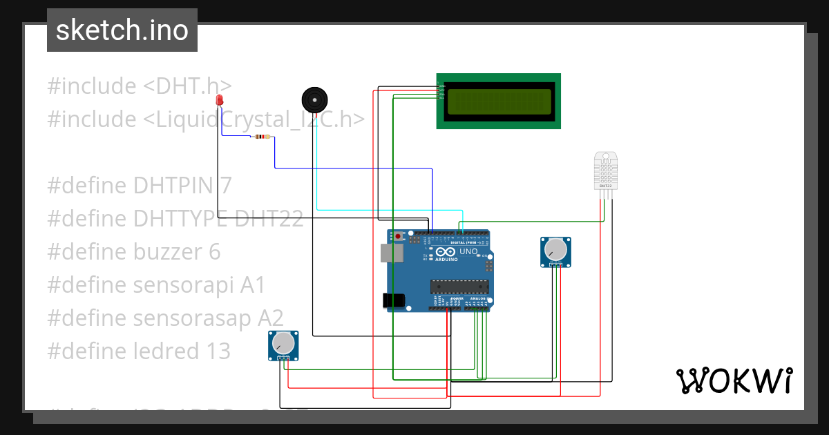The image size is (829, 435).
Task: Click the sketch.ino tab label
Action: coord(122,30)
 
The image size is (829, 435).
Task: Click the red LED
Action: coord(220,101)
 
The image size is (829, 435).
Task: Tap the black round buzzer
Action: coord(314,100)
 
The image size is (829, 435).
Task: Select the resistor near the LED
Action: coord(262,137)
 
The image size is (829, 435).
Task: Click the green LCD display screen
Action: coord(499,101)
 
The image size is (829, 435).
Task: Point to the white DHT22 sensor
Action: coord(605,171)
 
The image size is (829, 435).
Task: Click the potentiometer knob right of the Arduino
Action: coord(555,250)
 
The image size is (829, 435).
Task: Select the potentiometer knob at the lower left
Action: coord(283,343)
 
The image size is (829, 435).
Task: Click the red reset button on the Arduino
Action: coord(399,237)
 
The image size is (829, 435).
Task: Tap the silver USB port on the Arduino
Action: coord(392,253)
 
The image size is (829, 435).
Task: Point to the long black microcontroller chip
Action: coord(459,286)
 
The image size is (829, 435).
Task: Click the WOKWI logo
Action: coord(734,380)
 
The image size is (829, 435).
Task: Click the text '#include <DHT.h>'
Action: coord(139,86)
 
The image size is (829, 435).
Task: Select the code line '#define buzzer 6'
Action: coord(133,252)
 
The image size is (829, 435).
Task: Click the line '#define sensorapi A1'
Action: coord(156,285)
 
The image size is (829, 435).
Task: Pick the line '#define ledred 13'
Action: coord(138,351)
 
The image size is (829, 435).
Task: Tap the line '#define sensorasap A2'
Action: coord(165,318)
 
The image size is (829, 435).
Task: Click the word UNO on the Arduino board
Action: coord(468,253)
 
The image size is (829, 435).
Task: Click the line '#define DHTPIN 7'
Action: coord(139,186)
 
